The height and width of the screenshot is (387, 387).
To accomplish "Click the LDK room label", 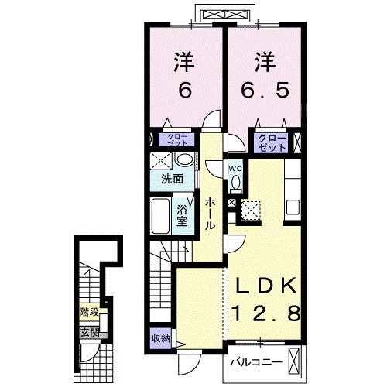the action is tap(266, 286).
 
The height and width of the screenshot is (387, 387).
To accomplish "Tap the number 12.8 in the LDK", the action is tap(266, 313).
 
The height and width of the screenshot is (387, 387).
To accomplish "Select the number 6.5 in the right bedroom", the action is tap(265, 90).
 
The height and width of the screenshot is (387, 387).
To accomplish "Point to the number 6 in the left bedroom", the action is tap(185, 90).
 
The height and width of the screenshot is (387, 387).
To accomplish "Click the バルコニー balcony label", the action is tap(256, 362).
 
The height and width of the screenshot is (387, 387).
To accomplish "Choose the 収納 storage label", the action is tap(161, 338).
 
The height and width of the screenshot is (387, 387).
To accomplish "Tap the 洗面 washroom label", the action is tap(173, 179).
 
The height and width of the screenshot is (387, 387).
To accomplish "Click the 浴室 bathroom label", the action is tap(182, 216).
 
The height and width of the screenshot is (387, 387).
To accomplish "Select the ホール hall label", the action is tap(210, 214).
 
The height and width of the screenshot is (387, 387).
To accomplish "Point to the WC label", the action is tap(236, 169).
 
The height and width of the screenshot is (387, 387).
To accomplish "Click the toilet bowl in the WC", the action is tap(236, 183).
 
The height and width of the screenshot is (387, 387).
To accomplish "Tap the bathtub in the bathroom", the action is tap(160, 216).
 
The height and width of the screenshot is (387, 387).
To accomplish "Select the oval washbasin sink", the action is tap(184, 159).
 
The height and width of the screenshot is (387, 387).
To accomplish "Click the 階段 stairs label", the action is tap(89, 313).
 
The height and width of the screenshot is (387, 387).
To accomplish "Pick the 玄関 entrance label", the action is tap(90, 333).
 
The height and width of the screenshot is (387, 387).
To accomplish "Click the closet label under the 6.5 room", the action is tap(272, 143).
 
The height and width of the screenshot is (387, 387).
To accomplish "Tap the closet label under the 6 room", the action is tap(177, 140).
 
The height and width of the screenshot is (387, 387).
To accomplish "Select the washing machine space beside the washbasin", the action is tap(161, 161).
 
